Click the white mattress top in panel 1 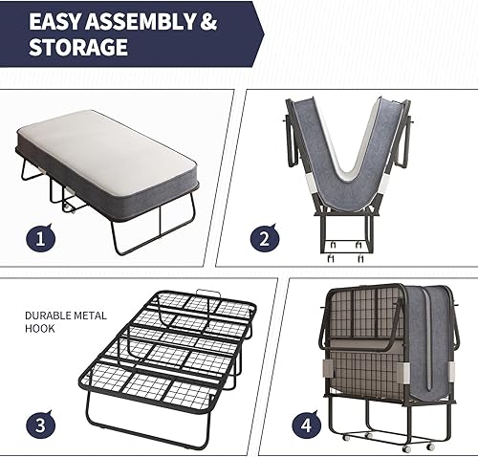pyautogui.click(x=115, y=148)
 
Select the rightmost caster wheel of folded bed pyautogui.click(x=430, y=446)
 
